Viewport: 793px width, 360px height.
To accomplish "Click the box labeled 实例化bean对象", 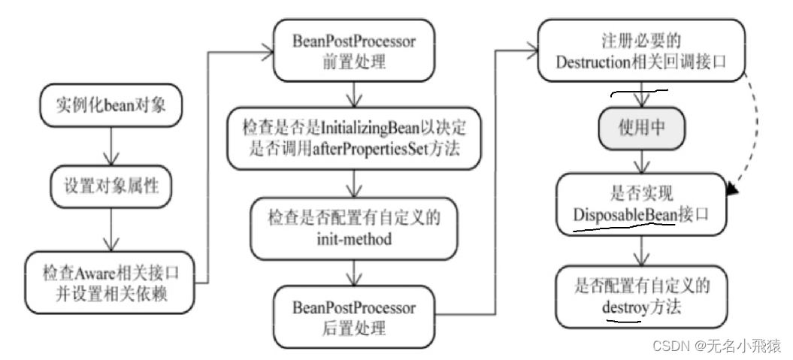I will (111, 107).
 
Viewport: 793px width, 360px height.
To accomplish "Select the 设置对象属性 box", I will (111, 184).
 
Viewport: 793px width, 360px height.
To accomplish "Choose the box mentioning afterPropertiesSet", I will (353, 138).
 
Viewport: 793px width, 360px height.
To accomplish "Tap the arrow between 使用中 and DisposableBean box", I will (641, 161).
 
